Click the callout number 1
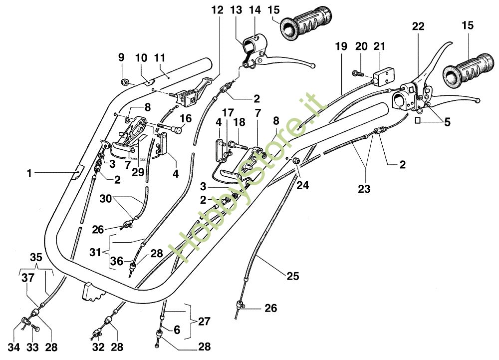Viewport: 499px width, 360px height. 30,173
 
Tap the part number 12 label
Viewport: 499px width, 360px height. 217,9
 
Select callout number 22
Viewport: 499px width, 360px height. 418,27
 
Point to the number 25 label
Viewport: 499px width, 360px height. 292,275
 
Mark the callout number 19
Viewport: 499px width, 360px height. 341,46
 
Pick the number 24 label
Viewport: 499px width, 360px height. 303,186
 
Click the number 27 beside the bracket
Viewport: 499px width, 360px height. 204,321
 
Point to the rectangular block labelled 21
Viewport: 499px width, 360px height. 384,75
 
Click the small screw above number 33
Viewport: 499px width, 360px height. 35,328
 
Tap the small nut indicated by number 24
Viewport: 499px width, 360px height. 295,161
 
